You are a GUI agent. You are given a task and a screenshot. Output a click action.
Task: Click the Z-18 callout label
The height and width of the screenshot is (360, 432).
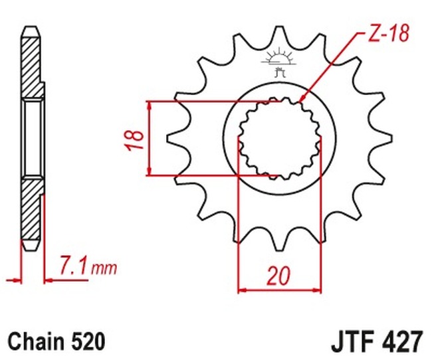(388, 34)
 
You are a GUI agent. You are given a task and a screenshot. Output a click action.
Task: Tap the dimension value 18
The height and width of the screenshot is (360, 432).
(135, 139)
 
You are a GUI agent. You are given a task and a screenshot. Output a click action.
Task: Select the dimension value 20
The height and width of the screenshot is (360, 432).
(278, 276)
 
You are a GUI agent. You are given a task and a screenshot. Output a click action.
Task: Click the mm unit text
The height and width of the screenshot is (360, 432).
(104, 268)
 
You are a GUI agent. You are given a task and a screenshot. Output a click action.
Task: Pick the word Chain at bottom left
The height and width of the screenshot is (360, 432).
(36, 341)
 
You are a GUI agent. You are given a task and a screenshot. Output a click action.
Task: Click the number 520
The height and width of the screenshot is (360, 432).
(88, 341)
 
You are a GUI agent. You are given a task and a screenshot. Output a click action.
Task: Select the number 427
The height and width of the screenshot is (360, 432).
(402, 341)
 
